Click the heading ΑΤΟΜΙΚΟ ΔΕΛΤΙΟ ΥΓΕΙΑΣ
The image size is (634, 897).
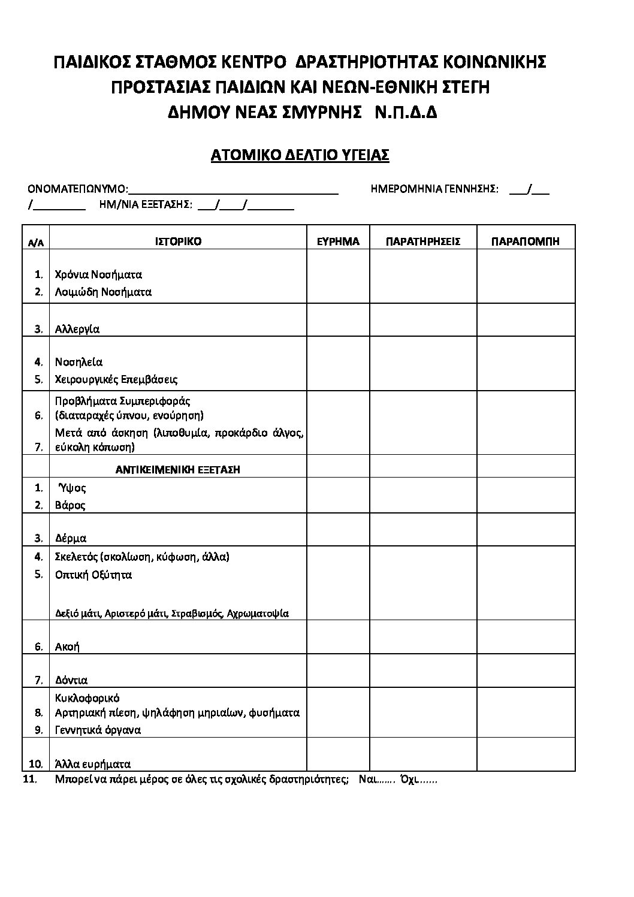tap(300, 156)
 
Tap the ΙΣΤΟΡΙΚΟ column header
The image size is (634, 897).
tap(178, 241)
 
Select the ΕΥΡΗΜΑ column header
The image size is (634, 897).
tap(338, 241)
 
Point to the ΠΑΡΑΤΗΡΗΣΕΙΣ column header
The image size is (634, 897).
tap(423, 241)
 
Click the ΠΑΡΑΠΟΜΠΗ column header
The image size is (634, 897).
tap(526, 241)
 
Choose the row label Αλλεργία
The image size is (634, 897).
tap(77, 329)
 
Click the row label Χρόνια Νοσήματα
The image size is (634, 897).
tap(98, 275)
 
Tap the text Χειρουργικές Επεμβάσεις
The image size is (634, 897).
tap(116, 379)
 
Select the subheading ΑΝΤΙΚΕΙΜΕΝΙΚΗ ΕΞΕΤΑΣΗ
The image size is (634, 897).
tap(177, 470)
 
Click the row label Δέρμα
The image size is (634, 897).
tap(71, 538)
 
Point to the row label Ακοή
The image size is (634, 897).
tap(67, 647)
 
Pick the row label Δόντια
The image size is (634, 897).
tap(71, 680)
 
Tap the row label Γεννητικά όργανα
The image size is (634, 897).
tap(98, 730)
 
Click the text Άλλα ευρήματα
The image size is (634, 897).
tap(93, 764)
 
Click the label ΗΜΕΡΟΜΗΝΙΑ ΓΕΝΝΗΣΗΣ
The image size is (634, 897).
tap(434, 189)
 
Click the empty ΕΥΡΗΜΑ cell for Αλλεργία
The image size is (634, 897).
tap(338, 320)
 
